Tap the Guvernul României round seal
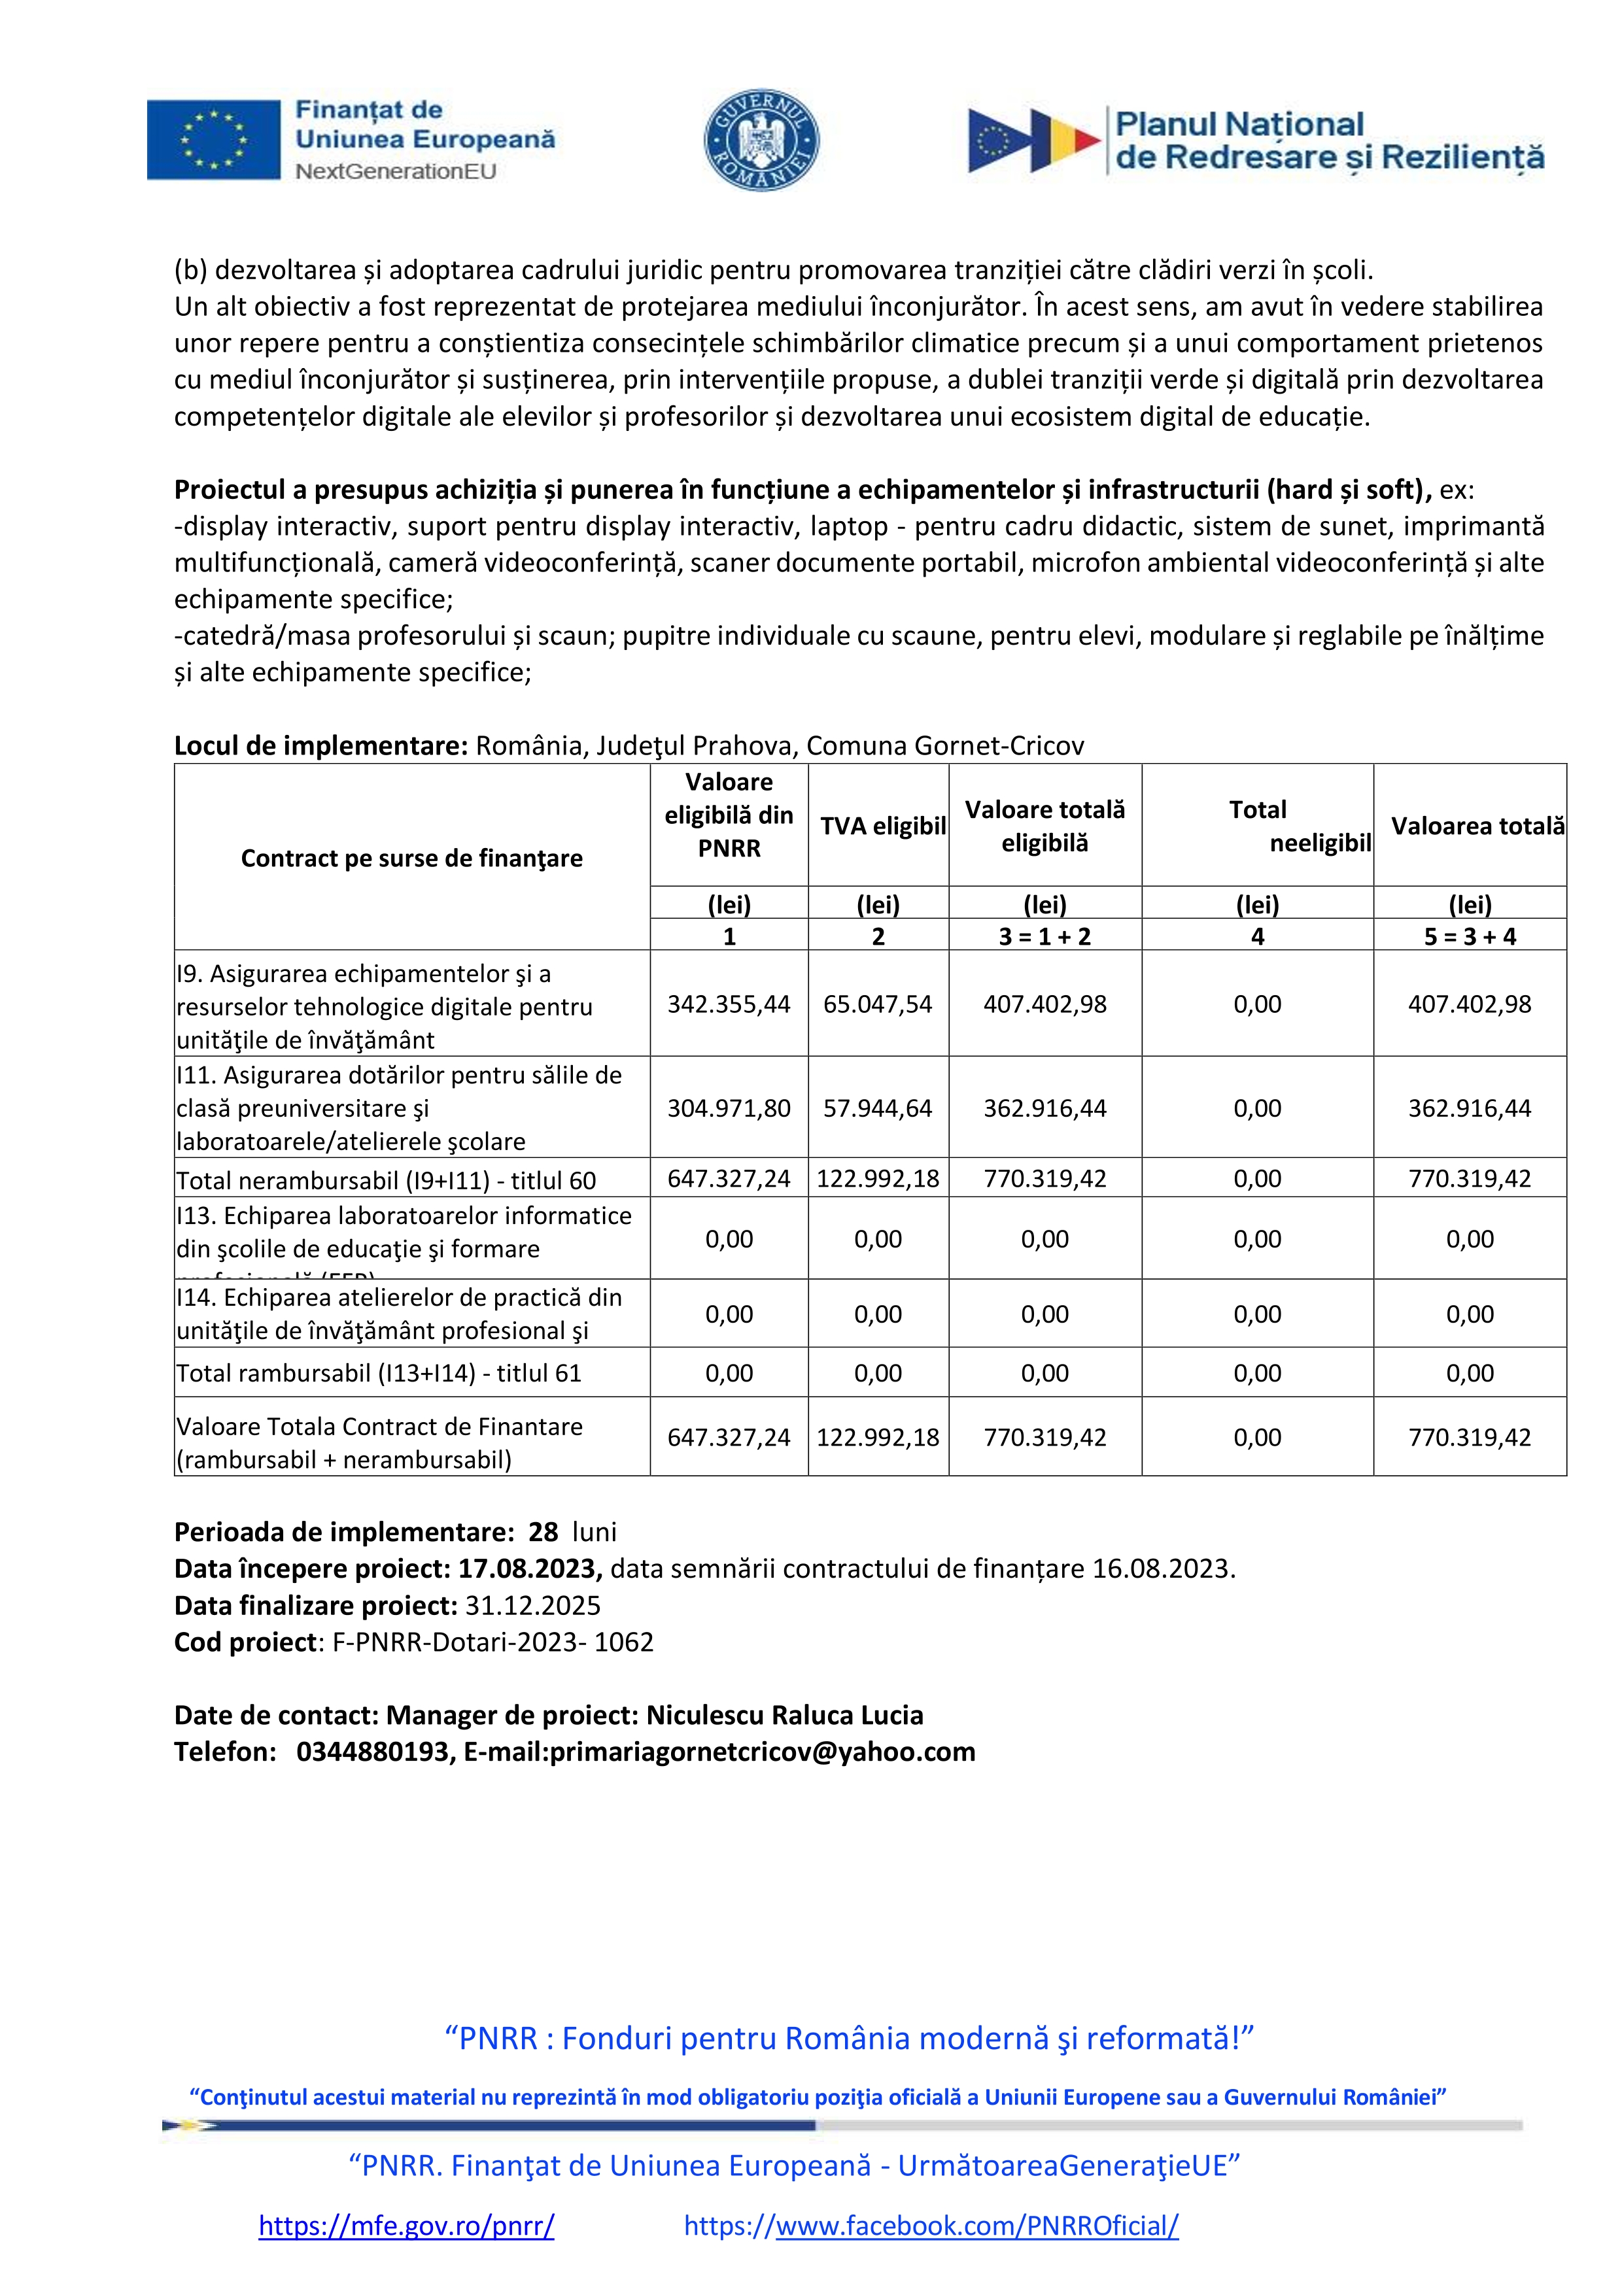(x=761, y=140)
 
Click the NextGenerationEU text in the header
(x=396, y=172)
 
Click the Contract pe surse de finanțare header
(x=411, y=858)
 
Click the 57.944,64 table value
(x=877, y=1108)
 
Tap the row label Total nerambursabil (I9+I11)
(x=385, y=1180)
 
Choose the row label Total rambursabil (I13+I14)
(x=379, y=1373)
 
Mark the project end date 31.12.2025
(x=533, y=1605)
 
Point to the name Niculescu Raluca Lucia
(x=784, y=1715)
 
